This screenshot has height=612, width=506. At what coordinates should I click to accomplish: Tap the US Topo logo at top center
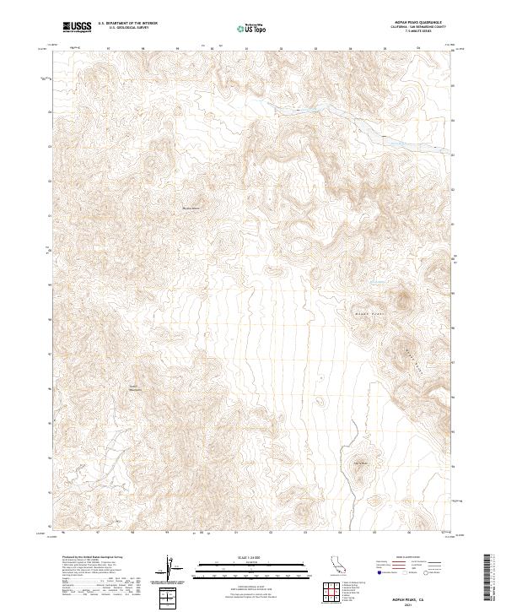[250, 29]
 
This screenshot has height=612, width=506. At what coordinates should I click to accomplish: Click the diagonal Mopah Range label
[413, 349]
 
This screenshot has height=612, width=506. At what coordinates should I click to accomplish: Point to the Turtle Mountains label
[134, 388]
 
